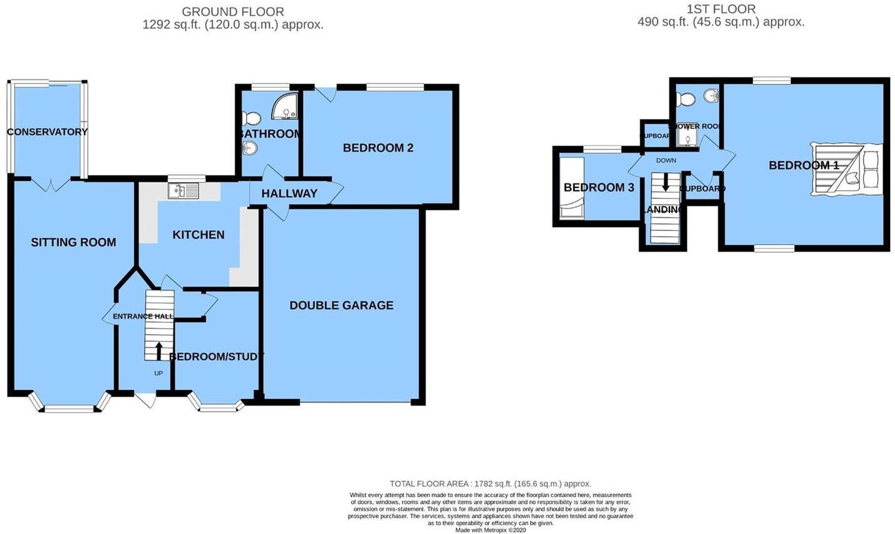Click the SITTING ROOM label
73,242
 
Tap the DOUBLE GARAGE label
341,306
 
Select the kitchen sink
183,190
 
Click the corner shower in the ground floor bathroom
287,106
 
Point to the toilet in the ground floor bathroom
252,118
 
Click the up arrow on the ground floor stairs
158,349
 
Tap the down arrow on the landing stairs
665,182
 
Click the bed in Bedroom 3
571,187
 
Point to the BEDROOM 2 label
378,148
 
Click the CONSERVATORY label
47,132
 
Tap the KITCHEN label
199,235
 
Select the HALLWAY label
289,193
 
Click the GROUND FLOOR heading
233,12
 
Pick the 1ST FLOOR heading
721,9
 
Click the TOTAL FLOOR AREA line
490,484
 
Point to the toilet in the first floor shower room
685,99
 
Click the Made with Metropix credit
490,530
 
